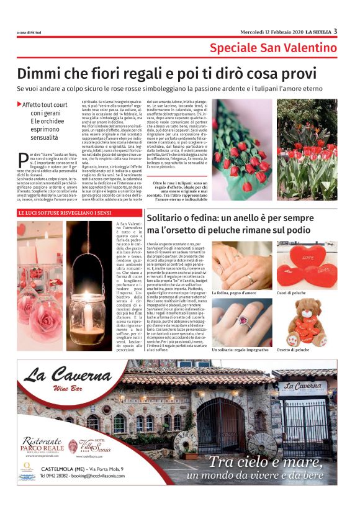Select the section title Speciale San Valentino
(273, 48)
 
